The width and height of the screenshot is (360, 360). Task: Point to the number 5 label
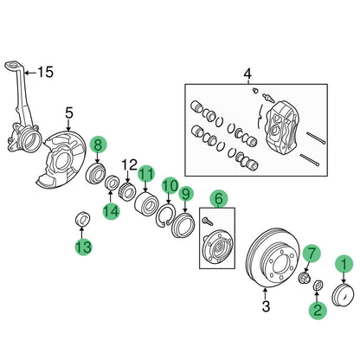(x=70, y=111)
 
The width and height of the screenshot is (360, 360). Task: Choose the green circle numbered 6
(x=220, y=198)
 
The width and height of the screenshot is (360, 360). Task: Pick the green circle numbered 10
(x=170, y=186)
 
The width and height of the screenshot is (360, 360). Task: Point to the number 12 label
(x=129, y=164)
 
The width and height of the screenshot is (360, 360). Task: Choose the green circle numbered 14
(x=111, y=211)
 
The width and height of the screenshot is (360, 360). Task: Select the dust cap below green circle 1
(x=344, y=294)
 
